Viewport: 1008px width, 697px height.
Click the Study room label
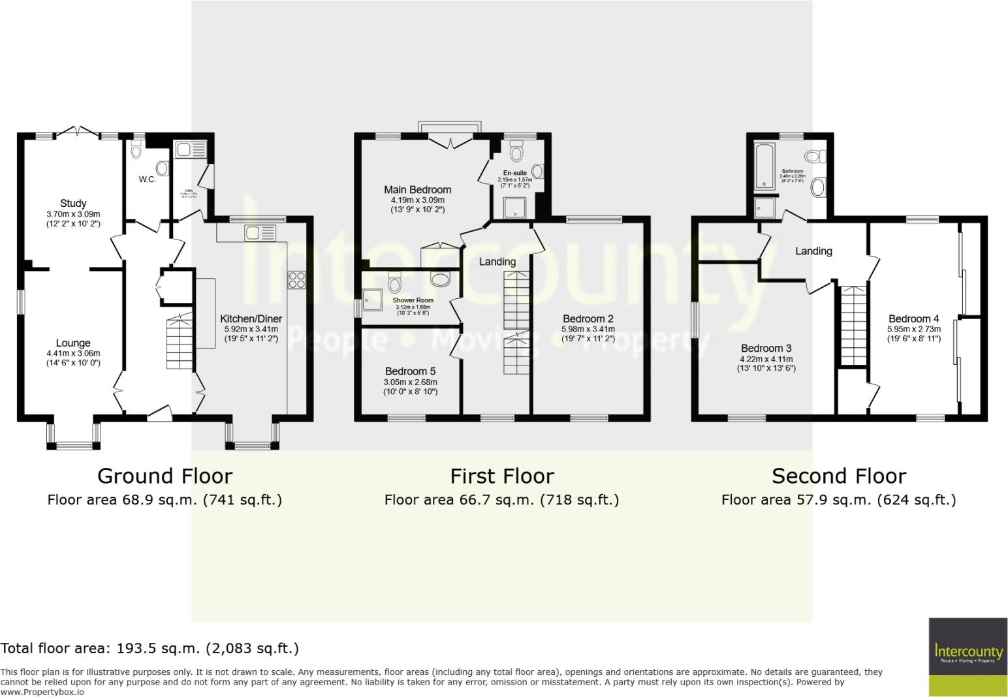coord(73,204)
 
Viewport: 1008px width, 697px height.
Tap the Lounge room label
coord(73,343)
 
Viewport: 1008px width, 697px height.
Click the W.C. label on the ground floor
coord(148,179)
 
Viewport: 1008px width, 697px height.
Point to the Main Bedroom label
coord(417,190)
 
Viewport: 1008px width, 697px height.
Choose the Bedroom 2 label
coord(588,319)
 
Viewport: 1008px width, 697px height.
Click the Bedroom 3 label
coord(766,348)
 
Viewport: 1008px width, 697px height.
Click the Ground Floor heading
coord(165,476)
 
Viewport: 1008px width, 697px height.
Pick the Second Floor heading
coord(839,476)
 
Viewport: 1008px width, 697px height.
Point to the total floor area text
coord(150,648)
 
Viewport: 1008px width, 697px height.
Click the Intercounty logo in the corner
coord(968,656)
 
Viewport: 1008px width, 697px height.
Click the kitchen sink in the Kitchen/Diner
coord(260,233)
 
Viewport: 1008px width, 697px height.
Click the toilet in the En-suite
coord(517,153)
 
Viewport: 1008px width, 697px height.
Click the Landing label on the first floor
coord(497,262)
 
